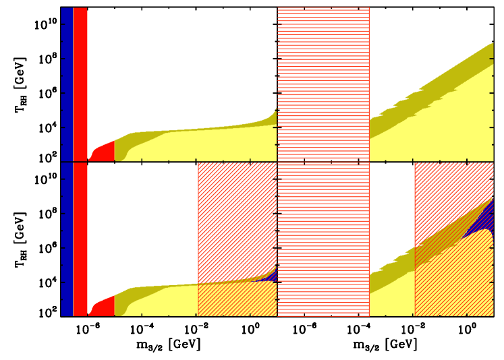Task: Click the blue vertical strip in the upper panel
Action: pyautogui.click(x=66, y=81)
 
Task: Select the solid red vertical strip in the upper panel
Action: pyautogui.click(x=80, y=81)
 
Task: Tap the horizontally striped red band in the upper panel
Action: pyautogui.click(x=323, y=81)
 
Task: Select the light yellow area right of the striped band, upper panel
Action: pyautogui.click(x=445, y=128)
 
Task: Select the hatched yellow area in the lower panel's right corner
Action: pyautogui.click(x=452, y=283)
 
